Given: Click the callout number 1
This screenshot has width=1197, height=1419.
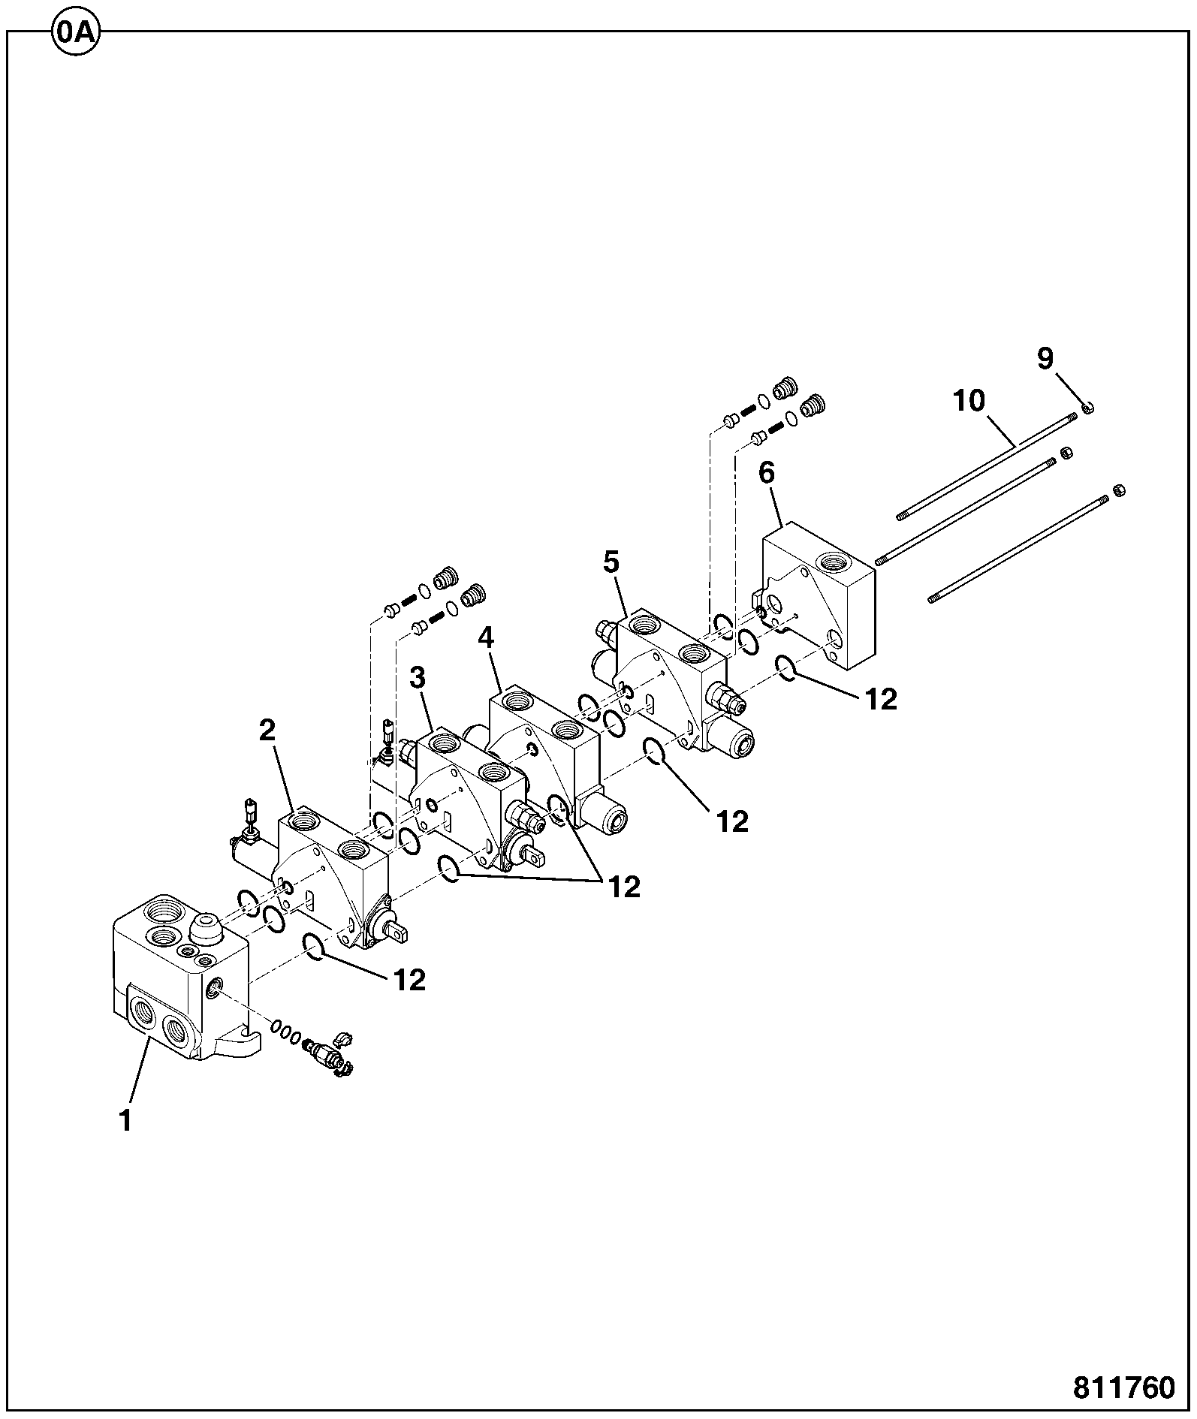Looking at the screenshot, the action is click(x=125, y=1120).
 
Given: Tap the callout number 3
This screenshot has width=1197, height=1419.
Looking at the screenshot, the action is click(x=418, y=678).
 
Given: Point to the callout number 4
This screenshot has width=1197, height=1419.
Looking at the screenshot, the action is click(x=486, y=639).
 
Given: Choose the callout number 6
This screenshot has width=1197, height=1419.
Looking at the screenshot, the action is click(x=767, y=474).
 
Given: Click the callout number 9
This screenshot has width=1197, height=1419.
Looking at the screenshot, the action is click(x=1045, y=359).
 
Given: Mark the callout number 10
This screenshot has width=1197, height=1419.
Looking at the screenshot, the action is click(x=969, y=401).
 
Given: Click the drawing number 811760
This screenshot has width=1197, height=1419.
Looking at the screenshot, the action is click(x=1123, y=1387).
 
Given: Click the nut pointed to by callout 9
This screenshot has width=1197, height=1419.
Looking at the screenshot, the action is click(x=1088, y=407).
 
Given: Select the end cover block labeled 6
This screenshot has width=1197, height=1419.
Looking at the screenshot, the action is click(x=819, y=597).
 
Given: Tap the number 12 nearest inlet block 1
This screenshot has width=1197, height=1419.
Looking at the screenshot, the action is click(x=409, y=979).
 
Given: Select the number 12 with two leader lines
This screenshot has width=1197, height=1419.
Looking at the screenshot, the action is click(x=624, y=887).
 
